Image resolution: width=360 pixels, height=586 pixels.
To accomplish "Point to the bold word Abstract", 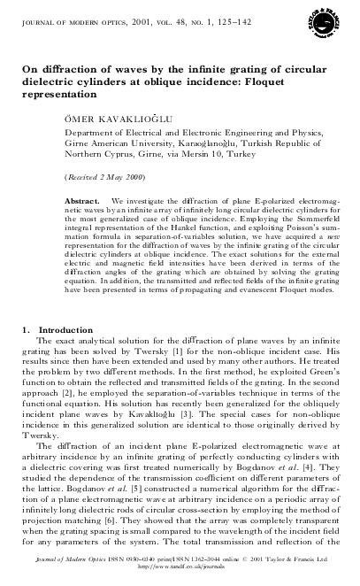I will click(83, 202).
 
